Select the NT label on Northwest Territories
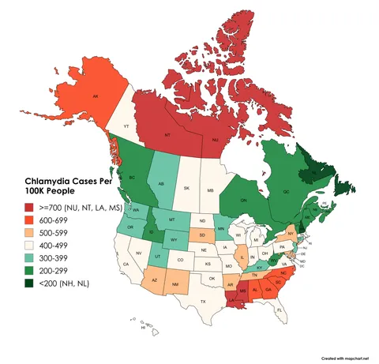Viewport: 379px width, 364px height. [167, 135]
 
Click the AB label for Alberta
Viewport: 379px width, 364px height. [161, 184]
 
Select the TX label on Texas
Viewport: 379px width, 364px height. [203, 302]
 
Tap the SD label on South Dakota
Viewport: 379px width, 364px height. [202, 235]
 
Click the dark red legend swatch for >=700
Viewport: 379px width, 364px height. [28, 207]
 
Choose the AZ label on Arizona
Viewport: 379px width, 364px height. [154, 280]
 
